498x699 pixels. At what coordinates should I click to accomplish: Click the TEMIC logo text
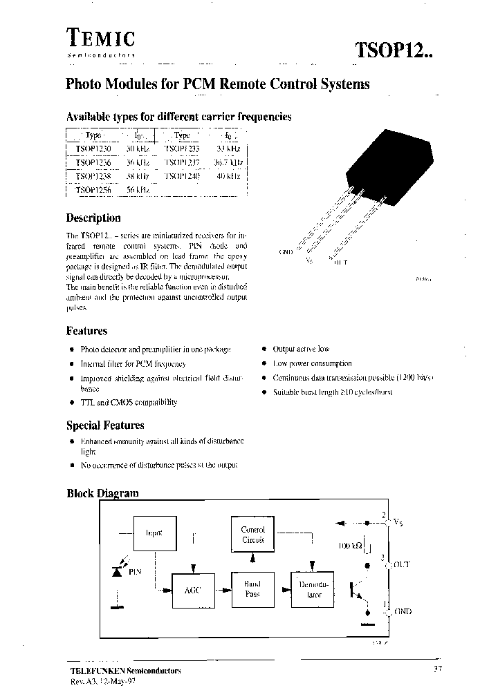point(101,39)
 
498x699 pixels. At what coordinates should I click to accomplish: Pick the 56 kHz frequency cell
point(138,189)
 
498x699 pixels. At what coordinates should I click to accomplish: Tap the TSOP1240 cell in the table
point(182,176)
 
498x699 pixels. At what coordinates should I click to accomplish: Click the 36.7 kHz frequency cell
point(228,162)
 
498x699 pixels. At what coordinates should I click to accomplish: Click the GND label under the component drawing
point(286,252)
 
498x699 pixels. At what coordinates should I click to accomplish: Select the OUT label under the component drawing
point(341,262)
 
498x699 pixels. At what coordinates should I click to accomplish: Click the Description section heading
point(93,218)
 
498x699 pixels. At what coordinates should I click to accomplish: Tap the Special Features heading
point(105,425)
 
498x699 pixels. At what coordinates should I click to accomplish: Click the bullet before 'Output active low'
point(264,350)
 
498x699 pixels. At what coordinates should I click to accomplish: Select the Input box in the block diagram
point(154,534)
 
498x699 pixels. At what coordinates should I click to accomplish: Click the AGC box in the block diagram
point(192,591)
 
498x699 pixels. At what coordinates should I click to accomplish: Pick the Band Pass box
point(252,589)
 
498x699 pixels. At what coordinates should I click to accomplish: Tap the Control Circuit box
point(252,535)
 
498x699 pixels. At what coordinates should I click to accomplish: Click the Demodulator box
point(313,589)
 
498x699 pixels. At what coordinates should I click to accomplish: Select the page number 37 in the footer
point(437,669)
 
